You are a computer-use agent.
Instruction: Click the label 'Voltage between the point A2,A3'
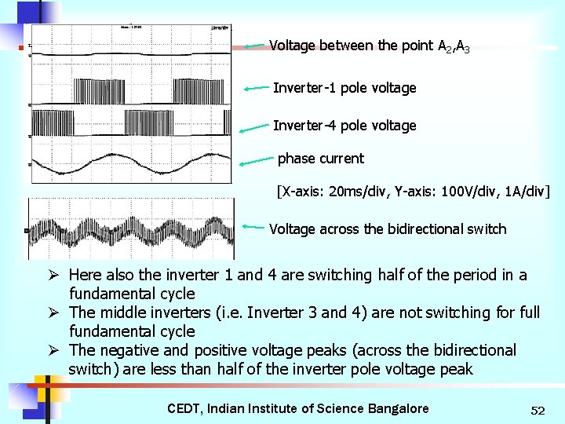click(369, 46)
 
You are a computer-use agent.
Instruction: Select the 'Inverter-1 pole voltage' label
click(344, 88)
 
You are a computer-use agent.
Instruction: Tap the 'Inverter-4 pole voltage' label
click(344, 126)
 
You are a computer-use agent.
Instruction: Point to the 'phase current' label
click(320, 159)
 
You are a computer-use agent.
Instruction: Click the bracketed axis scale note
click(413, 191)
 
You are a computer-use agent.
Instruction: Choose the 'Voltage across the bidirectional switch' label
click(388, 229)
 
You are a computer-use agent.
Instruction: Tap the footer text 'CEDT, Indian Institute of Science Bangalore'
click(298, 408)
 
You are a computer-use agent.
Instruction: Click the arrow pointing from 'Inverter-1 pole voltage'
click(257, 89)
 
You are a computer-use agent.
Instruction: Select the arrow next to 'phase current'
click(257, 162)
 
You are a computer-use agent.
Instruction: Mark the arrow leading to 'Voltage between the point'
click(255, 46)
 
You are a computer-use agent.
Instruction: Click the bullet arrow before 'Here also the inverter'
click(54, 275)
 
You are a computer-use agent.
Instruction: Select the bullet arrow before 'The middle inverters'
click(54, 313)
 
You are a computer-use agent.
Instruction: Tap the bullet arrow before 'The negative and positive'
click(54, 350)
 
